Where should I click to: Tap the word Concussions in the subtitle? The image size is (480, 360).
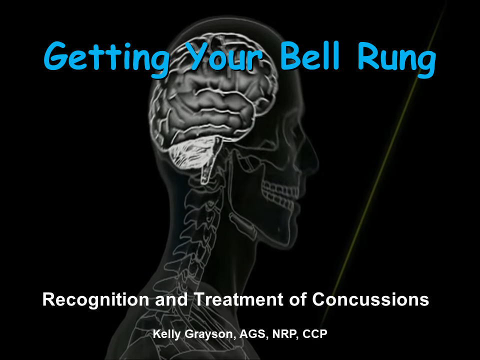(370, 299)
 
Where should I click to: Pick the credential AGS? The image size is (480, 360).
(247, 334)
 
